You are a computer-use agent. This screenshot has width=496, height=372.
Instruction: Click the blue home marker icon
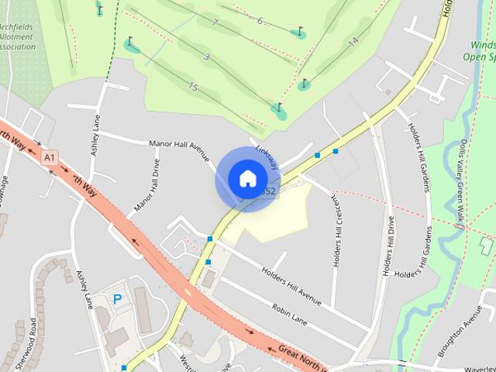(247, 179)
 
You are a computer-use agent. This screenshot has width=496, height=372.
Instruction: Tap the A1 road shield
(50, 157)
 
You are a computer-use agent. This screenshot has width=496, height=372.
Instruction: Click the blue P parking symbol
(118, 298)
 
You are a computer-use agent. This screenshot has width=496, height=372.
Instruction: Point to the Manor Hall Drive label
(146, 185)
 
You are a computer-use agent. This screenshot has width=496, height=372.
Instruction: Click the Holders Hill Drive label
(387, 249)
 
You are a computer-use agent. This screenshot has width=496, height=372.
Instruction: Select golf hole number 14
(353, 41)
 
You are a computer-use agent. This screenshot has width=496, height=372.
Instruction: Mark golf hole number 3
(207, 56)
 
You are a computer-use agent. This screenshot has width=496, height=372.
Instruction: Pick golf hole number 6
(260, 21)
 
